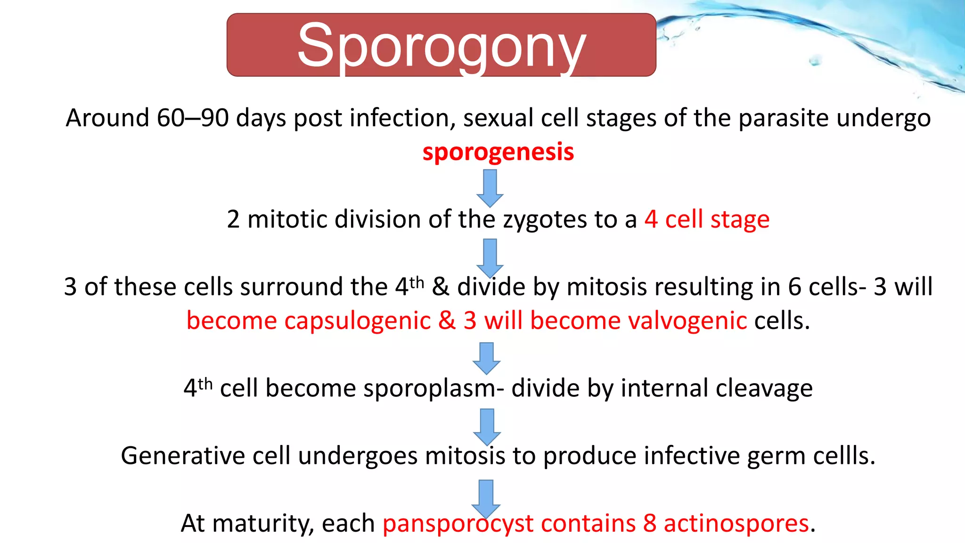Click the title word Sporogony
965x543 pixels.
[x=442, y=46]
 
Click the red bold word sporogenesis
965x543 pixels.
[x=498, y=152]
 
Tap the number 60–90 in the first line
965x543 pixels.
[x=193, y=118]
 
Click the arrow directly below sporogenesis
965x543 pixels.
[x=490, y=188]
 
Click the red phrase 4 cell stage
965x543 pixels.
[x=707, y=220]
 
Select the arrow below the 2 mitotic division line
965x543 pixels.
[x=490, y=257]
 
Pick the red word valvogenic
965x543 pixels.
[x=687, y=321]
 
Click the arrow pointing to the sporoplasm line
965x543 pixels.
[x=486, y=358]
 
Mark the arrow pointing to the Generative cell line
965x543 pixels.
[x=487, y=426]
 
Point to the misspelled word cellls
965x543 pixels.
[x=844, y=456]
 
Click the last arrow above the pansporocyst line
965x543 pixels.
[x=486, y=498]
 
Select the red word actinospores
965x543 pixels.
[x=736, y=524]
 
